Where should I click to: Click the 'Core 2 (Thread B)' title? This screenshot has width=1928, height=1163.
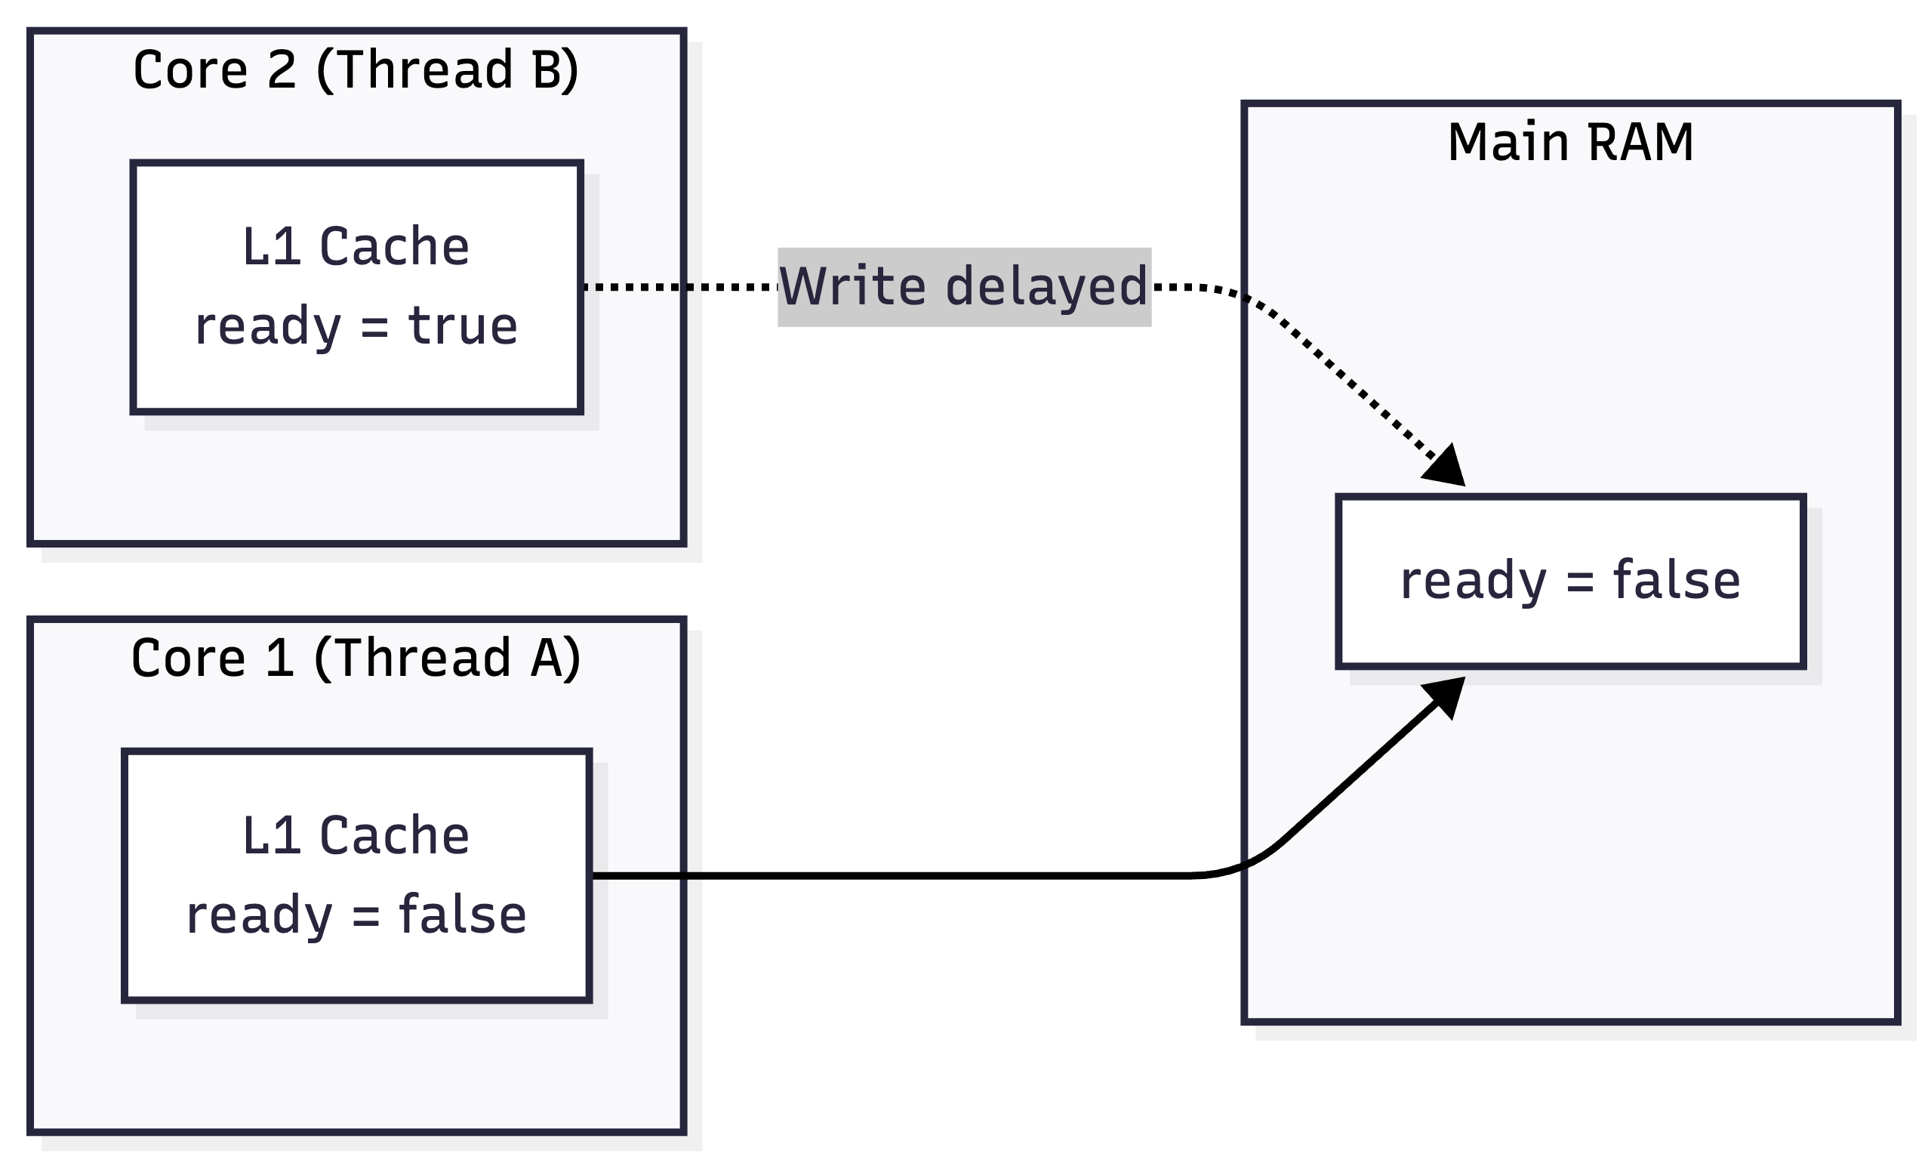(x=356, y=69)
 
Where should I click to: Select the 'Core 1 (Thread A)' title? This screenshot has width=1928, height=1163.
(x=356, y=658)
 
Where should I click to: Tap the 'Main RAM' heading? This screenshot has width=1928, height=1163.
(x=1570, y=142)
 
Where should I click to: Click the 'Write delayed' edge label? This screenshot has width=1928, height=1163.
(x=964, y=286)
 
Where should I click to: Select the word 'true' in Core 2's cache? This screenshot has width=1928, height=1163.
(x=463, y=325)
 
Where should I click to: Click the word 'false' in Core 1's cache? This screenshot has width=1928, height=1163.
(x=463, y=914)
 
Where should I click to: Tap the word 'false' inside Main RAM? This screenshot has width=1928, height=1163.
(x=1677, y=580)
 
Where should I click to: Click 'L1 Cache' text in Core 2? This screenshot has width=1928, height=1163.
(x=356, y=246)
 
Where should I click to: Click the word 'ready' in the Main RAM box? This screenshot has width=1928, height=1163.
(x=1474, y=583)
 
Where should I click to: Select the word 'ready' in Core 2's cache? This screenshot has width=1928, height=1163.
(x=267, y=328)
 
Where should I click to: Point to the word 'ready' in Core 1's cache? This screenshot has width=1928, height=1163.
(x=259, y=917)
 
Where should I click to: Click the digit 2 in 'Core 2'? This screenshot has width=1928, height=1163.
(x=282, y=69)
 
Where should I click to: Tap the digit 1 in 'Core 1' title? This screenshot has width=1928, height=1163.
(x=280, y=658)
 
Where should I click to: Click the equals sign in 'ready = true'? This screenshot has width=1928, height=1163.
(x=374, y=327)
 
